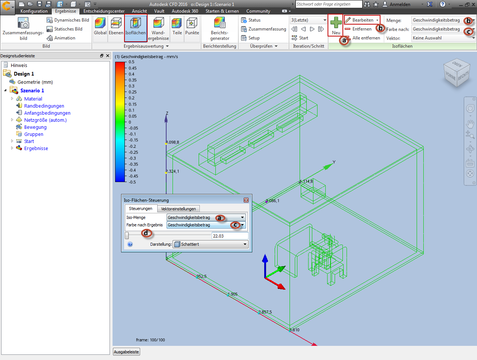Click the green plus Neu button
[335, 25]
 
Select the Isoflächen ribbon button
[135, 28]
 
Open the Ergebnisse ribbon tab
[66, 11]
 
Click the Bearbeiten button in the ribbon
[362, 20]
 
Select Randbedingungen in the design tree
[44, 106]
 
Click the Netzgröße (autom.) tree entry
[45, 120]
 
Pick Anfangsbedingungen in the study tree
[47, 113]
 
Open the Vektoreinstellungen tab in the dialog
[178, 209]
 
